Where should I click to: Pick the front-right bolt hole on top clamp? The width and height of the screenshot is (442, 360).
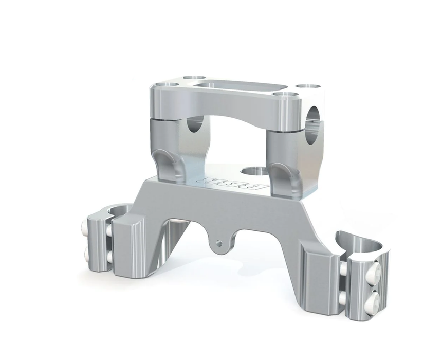click(x=286, y=95)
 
